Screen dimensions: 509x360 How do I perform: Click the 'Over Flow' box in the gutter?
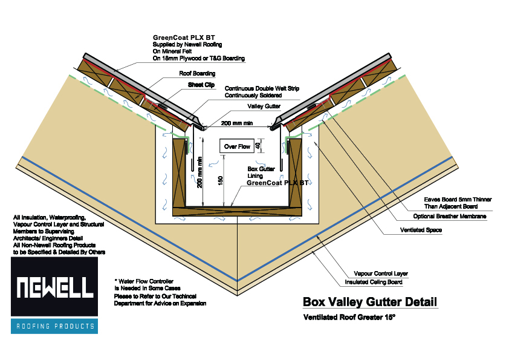[237, 146]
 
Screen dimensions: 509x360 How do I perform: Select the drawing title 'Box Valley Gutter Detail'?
[369, 301]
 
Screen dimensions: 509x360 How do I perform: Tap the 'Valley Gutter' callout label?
[264, 106]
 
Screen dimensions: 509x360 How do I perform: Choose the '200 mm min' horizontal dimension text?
[236, 123]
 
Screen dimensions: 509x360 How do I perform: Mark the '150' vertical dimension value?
[222, 180]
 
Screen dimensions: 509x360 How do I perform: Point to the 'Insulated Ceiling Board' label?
[376, 282]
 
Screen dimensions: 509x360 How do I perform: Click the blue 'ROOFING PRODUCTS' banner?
[54, 326]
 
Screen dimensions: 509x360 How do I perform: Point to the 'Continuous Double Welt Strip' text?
[262, 88]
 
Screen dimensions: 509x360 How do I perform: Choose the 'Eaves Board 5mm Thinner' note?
[457, 198]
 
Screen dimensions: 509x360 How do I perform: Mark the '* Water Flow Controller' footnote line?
[145, 281]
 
